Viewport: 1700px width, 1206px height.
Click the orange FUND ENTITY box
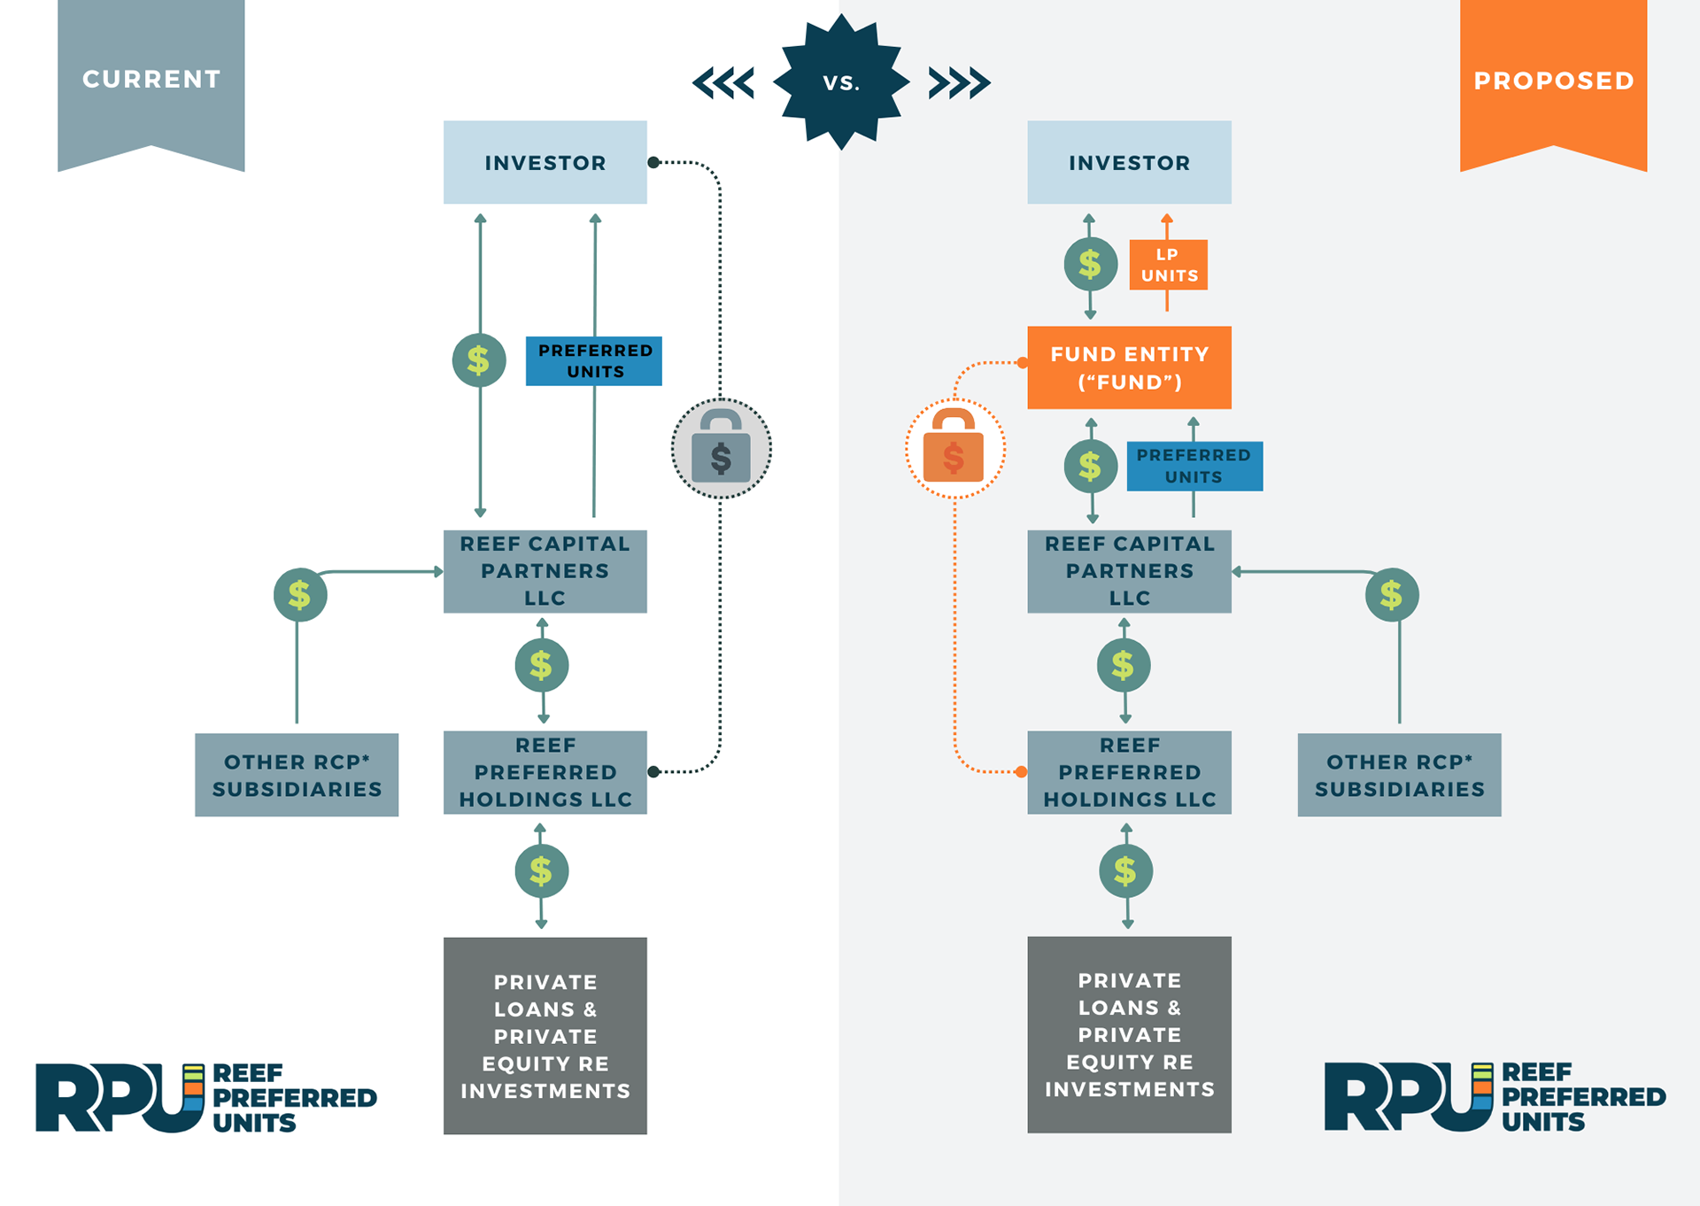pyautogui.click(x=1129, y=367)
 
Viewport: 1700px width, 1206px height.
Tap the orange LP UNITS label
pyautogui.click(x=1169, y=265)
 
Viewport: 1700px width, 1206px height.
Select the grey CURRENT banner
pyautogui.click(x=151, y=80)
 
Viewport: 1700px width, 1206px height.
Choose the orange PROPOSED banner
pyautogui.click(x=1553, y=81)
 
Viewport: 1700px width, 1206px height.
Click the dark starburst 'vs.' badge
pyautogui.click(x=841, y=82)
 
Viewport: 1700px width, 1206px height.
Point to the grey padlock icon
pyautogui.click(x=721, y=449)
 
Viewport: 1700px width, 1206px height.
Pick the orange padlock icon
pyautogui.click(x=954, y=449)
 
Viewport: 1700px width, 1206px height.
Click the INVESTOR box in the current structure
pyautogui.click(x=545, y=163)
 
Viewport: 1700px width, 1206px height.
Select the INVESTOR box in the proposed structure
pyautogui.click(x=1129, y=163)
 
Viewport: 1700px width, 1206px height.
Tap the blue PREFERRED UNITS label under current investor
pyautogui.click(x=594, y=361)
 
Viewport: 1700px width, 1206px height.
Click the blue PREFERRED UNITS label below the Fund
pyautogui.click(x=1194, y=466)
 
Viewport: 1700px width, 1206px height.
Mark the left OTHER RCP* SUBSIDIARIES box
pyautogui.click(x=297, y=775)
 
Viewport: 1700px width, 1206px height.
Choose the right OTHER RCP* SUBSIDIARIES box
pyautogui.click(x=1399, y=775)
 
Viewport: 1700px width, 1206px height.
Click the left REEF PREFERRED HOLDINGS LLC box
pyautogui.click(x=545, y=772)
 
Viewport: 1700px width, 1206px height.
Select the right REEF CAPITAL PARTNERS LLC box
pyautogui.click(x=1129, y=571)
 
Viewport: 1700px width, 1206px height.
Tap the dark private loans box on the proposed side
pyautogui.click(x=1129, y=1034)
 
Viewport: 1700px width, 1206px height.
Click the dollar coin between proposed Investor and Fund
pyautogui.click(x=1090, y=264)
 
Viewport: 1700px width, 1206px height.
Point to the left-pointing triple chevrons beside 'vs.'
pyautogui.click(x=723, y=83)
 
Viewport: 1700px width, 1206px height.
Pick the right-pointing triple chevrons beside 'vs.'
pyautogui.click(x=959, y=83)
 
